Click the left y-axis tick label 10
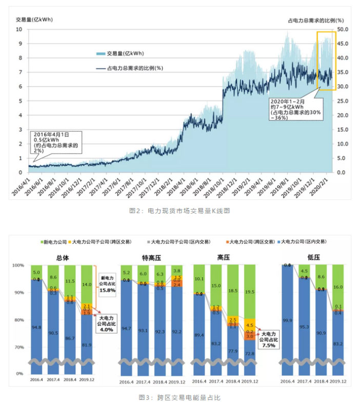[19, 29]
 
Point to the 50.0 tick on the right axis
[343, 29]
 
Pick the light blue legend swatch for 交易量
[99, 53]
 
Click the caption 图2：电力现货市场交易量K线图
[179, 210]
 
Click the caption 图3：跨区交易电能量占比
[179, 397]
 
